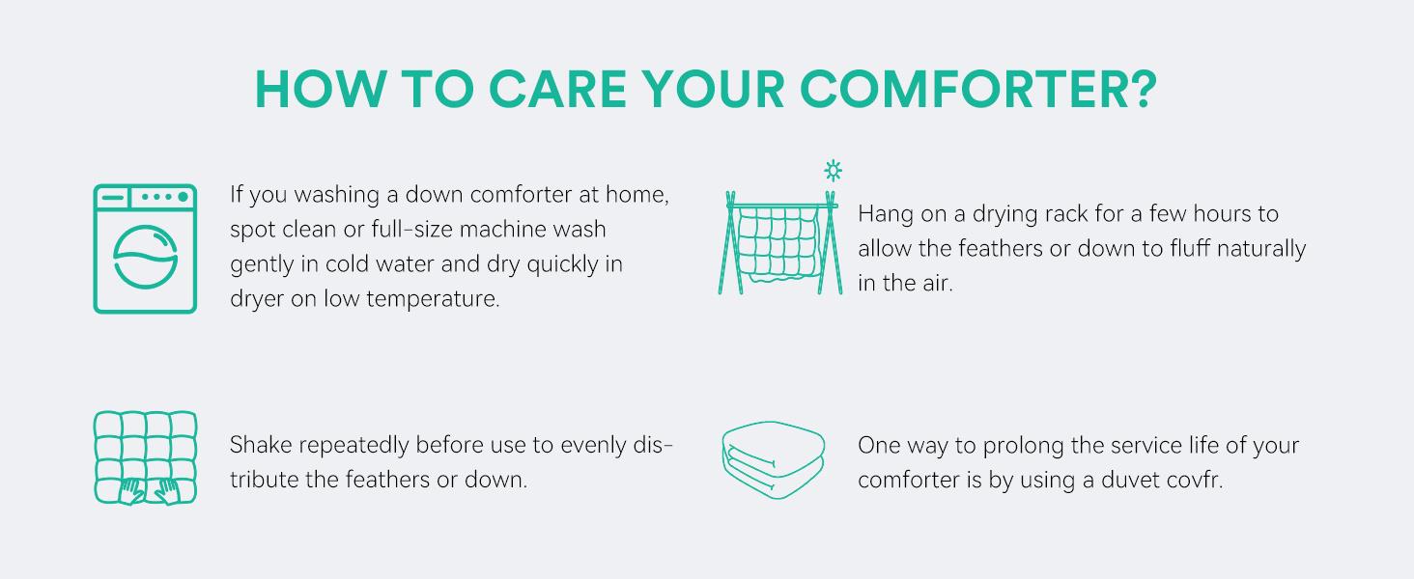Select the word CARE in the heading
(x=557, y=89)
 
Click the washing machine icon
(x=145, y=249)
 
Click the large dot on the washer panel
(x=184, y=197)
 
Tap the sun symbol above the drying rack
(x=834, y=170)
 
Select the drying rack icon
(x=780, y=242)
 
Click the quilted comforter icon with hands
(x=145, y=458)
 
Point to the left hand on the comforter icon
(x=132, y=491)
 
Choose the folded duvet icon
(x=774, y=459)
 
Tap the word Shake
(x=261, y=445)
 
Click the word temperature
(x=433, y=299)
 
